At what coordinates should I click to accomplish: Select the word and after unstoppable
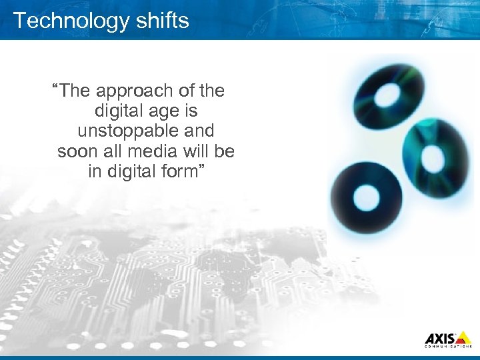pos(196,131)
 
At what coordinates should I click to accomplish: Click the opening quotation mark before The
pos(56,87)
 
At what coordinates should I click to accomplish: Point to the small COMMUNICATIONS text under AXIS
pos(449,347)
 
